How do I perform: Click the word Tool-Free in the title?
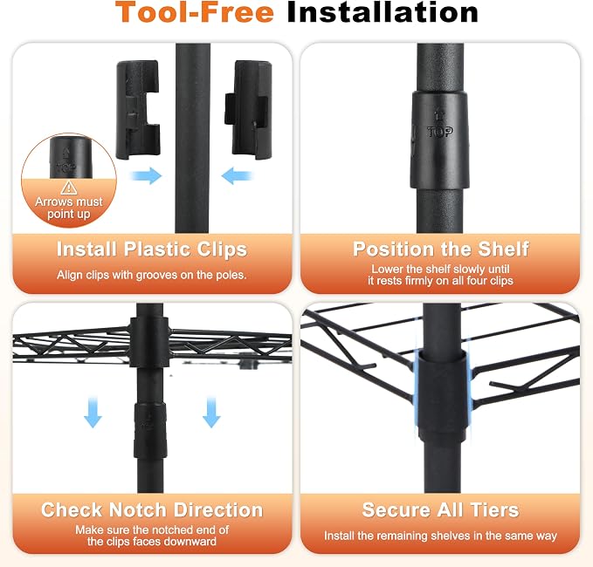(195, 12)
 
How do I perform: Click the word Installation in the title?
(383, 12)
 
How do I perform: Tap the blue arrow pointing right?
(147, 175)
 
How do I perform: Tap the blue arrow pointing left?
(237, 175)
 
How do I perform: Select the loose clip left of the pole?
(138, 110)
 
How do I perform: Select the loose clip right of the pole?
(248, 110)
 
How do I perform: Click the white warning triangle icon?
(69, 188)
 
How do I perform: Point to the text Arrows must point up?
(69, 208)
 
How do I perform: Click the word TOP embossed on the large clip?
(440, 132)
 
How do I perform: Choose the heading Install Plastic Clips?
(152, 249)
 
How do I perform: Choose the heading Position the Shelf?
(440, 249)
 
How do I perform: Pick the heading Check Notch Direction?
(152, 510)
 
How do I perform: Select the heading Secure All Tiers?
(440, 510)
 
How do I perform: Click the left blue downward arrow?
(93, 412)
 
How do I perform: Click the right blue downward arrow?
(211, 412)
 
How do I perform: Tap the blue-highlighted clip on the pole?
(442, 397)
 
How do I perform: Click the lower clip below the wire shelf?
(149, 431)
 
